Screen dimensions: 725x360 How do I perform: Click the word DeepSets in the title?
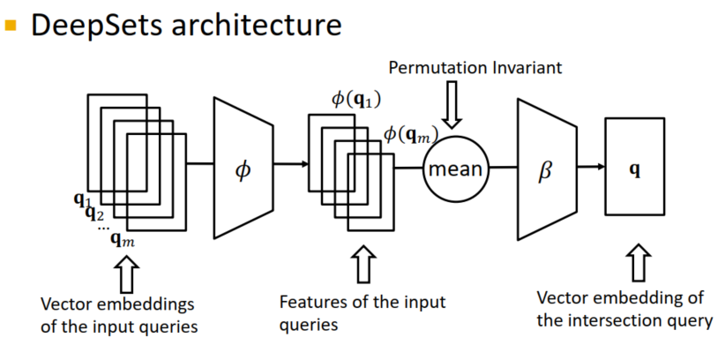click(97, 25)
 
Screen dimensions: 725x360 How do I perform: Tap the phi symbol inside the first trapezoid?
click(243, 169)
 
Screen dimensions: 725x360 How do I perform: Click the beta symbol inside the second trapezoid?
click(546, 171)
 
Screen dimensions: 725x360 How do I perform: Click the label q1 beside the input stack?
click(82, 200)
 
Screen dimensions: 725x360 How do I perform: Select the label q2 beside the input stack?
click(94, 214)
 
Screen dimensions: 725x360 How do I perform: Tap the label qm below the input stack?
click(123, 240)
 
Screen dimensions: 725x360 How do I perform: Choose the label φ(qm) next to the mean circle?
click(411, 134)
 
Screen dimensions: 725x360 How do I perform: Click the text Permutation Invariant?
click(475, 68)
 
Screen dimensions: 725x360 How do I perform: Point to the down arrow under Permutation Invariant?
click(452, 104)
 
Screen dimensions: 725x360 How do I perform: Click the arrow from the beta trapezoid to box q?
click(591, 167)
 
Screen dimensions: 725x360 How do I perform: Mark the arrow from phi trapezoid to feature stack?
click(291, 163)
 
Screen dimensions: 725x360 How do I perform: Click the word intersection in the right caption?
click(613, 319)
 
